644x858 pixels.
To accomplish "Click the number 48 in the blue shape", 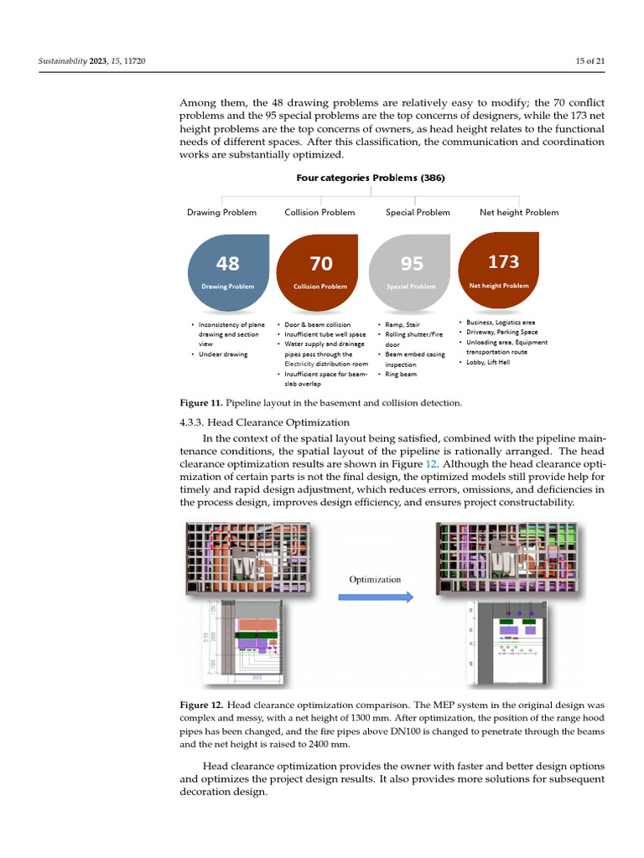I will pos(227,264).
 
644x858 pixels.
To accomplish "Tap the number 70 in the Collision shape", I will pos(321,264).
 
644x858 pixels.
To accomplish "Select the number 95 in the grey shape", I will pos(412,264).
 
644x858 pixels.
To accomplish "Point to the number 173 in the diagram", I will pos(503,262).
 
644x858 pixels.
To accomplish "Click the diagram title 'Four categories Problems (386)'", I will pos(370,178).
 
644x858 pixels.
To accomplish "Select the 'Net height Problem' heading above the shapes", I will pos(519,212).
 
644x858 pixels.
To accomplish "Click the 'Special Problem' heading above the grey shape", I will pos(418,212).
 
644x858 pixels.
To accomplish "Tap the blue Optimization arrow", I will pos(375,597).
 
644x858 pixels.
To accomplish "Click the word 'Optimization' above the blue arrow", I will pos(375,579).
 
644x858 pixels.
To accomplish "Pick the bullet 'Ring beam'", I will pos(400,375).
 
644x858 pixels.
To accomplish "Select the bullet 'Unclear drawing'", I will pos(223,354).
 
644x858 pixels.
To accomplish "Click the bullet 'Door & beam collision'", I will pos(318,324).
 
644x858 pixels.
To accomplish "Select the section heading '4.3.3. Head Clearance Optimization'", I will pos(264,422).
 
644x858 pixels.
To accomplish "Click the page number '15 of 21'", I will pos(586,62).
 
